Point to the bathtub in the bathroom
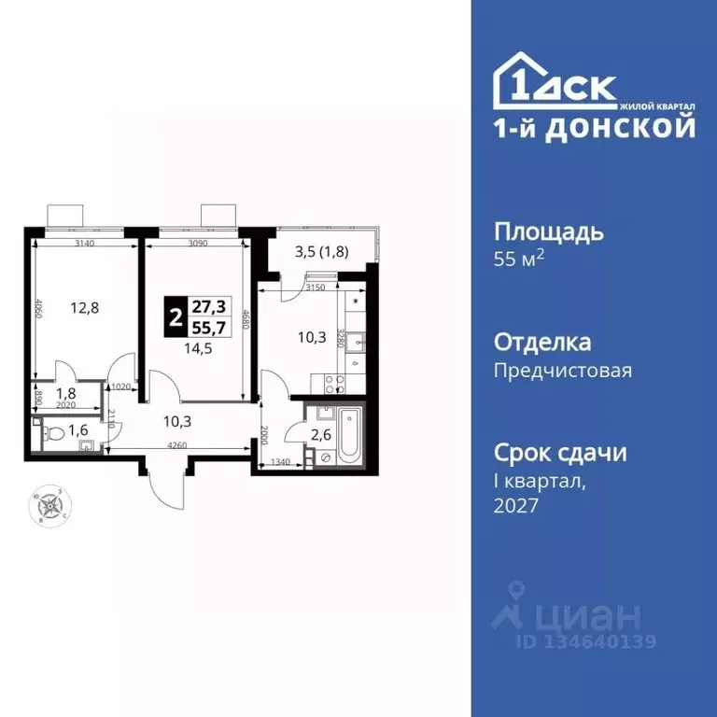[x=348, y=435]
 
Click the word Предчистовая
[x=562, y=370]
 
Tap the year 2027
[x=516, y=505]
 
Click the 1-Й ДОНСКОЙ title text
[x=594, y=127]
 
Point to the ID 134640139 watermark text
[x=586, y=641]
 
